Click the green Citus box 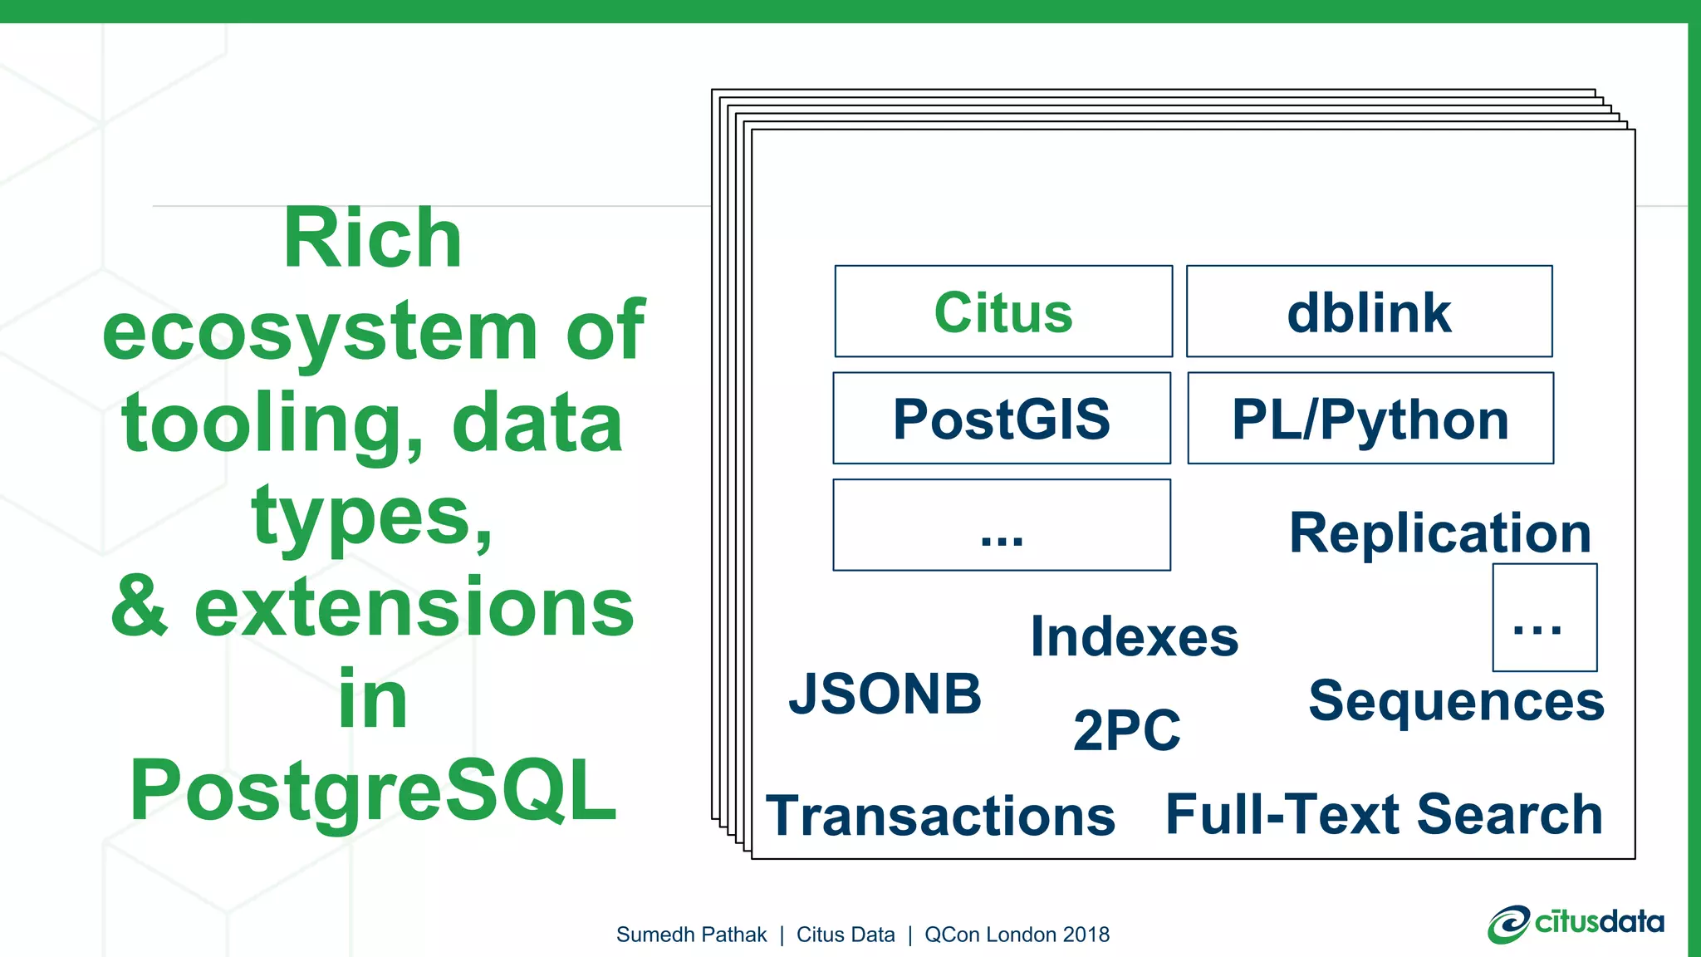[1003, 312]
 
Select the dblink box [1369, 312]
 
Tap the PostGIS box [1002, 418]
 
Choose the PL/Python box [1370, 418]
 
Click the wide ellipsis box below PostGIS [1002, 525]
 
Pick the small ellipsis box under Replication [1544, 617]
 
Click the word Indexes [1135, 637]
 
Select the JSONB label [885, 694]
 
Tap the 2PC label [1126, 730]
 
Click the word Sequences [1456, 701]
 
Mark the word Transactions [940, 816]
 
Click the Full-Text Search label [1384, 814]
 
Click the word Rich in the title [372, 239]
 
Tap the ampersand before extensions [140, 607]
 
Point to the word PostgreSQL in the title [374, 791]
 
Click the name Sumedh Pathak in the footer [691, 935]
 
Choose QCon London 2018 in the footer [1017, 935]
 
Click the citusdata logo [1576, 924]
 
